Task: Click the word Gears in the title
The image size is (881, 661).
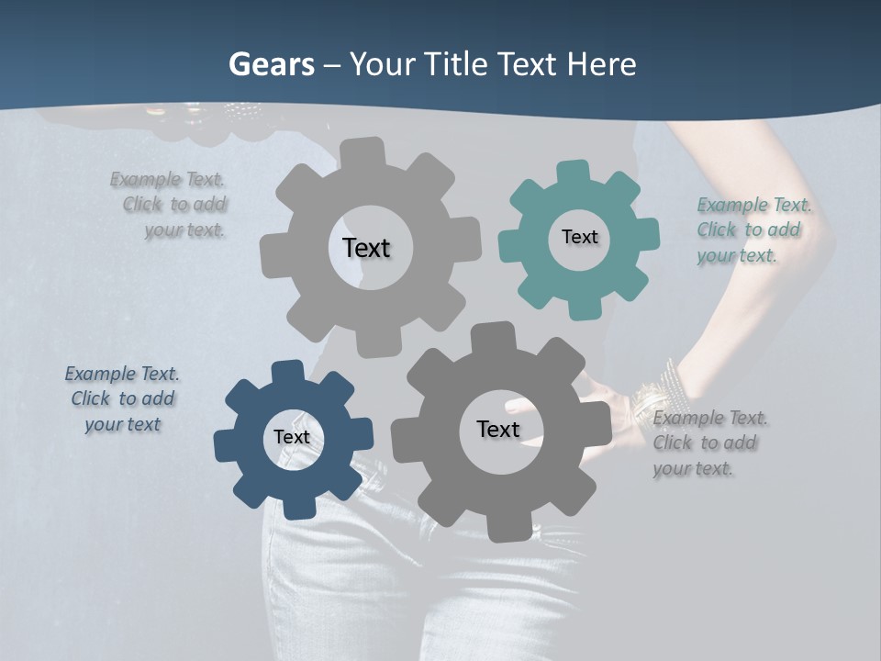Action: pos(271,64)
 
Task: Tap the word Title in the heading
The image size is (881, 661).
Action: pos(455,64)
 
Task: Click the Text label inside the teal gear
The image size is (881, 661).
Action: pos(579,237)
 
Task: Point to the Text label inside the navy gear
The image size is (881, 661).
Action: pos(292,437)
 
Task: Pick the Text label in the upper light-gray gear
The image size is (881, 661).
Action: pos(366,248)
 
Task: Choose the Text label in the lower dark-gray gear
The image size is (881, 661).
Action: pos(498,429)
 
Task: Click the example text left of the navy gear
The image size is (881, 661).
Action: pos(122,398)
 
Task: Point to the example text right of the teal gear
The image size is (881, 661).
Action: pos(753,230)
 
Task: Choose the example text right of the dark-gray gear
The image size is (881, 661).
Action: pos(710,443)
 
